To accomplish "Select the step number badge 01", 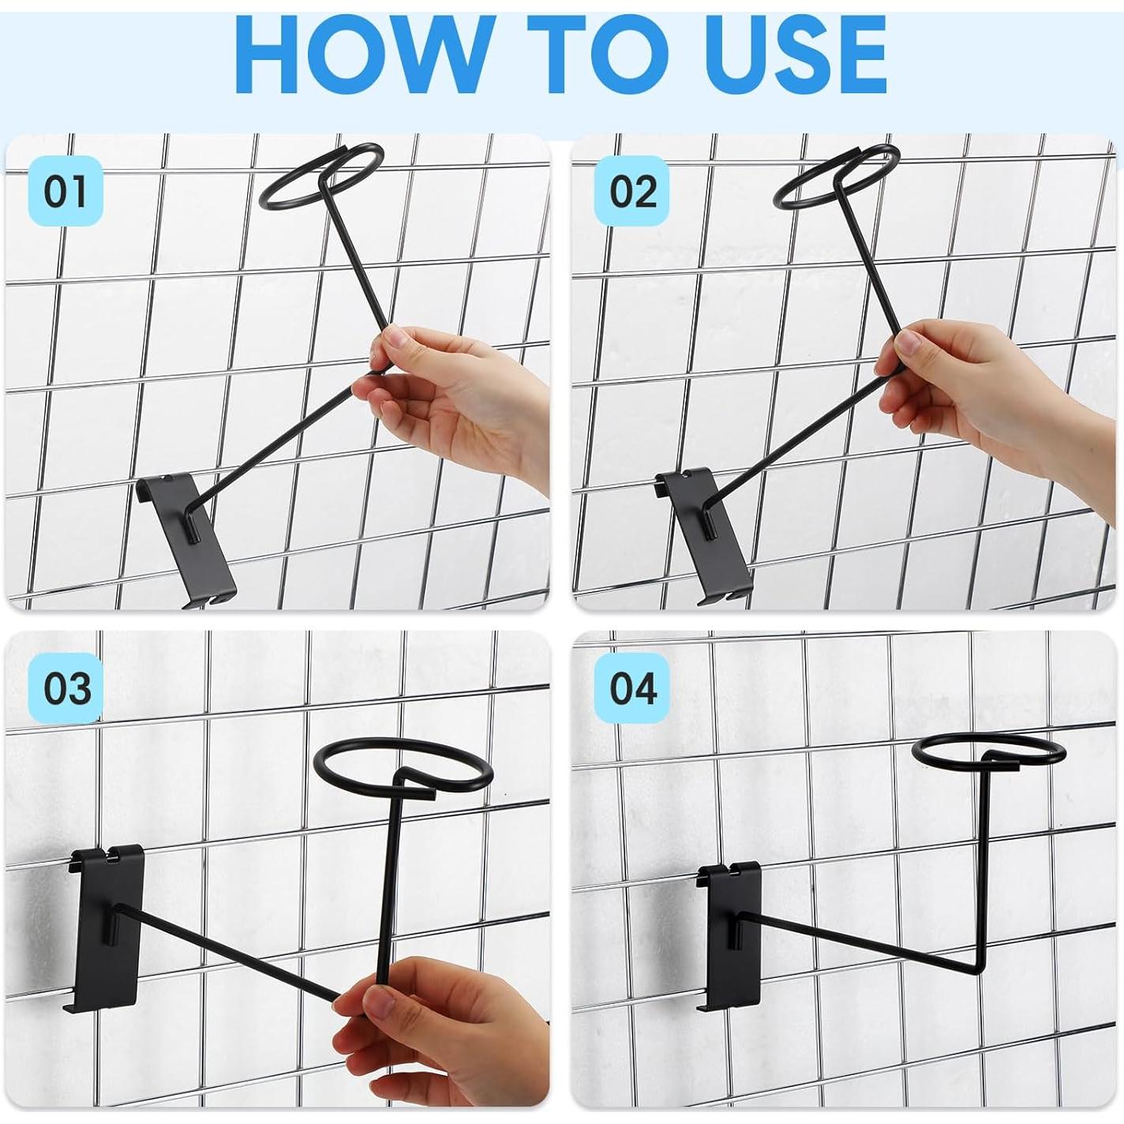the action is tap(66, 191).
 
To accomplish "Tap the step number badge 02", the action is tap(632, 191).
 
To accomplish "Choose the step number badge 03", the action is tap(66, 688).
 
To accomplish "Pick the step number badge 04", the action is tap(632, 688).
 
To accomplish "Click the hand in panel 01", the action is tap(461, 403).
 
